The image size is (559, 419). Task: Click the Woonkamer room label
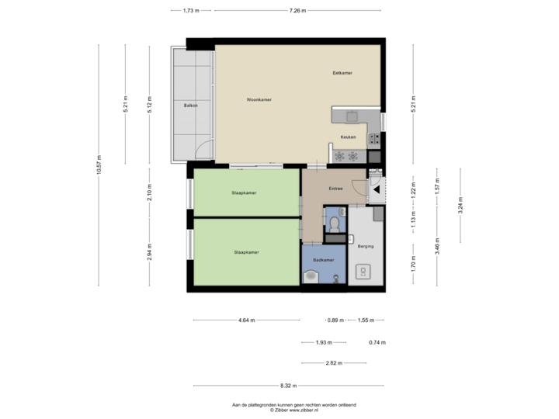259,100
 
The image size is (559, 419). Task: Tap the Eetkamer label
342,73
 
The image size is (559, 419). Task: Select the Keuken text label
348,137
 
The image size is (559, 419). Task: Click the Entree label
336,189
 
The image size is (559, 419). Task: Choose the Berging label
366,246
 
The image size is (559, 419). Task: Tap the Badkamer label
323,260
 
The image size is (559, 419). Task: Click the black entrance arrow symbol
376,188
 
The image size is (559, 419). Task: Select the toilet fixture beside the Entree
333,223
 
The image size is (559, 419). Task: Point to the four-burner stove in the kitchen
373,140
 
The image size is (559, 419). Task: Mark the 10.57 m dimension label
99,164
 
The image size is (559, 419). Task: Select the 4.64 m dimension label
246,320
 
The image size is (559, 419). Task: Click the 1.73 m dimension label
191,11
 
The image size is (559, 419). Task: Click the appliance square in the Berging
363,272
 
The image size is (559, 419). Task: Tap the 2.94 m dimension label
150,252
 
